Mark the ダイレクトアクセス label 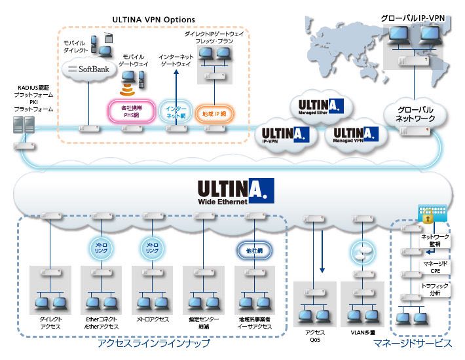[51, 323]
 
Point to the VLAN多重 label [362, 332]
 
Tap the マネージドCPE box [434, 266]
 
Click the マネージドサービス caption [413, 344]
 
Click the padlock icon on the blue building [426, 213]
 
